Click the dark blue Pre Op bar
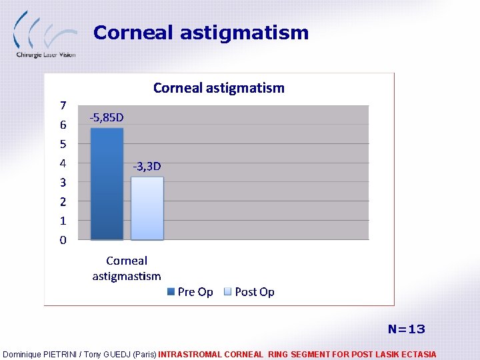click(107, 183)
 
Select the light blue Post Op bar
click(147, 208)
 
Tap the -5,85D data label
click(107, 118)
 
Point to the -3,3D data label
click(147, 166)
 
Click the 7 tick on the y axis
click(63, 105)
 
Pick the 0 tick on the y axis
click(63, 240)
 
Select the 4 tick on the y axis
click(63, 163)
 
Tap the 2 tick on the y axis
click(63, 201)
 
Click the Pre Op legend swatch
click(171, 292)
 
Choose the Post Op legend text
click(255, 292)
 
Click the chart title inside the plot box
click(219, 88)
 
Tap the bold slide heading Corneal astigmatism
click(201, 33)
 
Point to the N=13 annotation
click(406, 329)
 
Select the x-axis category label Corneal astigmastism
click(127, 268)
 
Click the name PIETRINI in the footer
click(67, 355)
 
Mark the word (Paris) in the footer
click(145, 355)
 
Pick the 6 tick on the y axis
click(63, 125)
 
